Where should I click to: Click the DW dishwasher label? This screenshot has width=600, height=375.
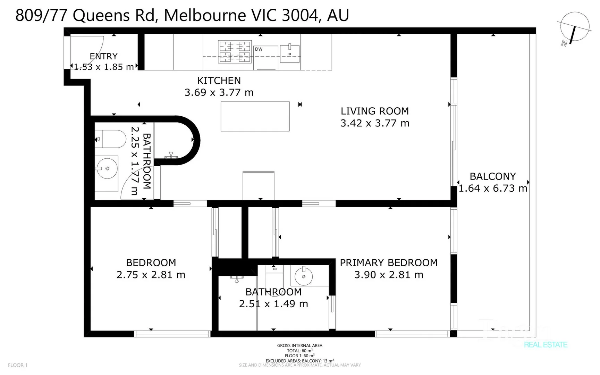[259, 49]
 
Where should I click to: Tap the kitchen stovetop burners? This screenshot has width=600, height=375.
[235, 52]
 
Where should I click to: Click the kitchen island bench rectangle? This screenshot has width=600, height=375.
[255, 116]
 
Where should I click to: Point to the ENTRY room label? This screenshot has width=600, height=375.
[103, 56]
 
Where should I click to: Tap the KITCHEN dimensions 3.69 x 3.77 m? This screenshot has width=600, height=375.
[219, 92]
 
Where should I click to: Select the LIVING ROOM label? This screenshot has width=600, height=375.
[374, 111]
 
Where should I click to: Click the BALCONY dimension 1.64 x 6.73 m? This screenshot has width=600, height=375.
[493, 188]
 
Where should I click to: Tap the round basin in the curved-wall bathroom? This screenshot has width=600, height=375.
[107, 168]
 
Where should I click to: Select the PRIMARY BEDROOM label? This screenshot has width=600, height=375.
[388, 262]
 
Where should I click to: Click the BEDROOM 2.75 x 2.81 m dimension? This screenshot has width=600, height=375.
[151, 275]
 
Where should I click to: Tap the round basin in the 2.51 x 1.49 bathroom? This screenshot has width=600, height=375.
[304, 276]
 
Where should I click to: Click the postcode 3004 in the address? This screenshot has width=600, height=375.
[299, 15]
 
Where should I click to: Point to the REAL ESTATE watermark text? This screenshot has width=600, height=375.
[546, 345]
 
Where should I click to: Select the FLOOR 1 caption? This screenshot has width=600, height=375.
[18, 365]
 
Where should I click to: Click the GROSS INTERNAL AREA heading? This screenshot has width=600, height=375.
[299, 345]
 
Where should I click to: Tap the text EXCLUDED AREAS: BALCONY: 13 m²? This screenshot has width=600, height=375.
[299, 361]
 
